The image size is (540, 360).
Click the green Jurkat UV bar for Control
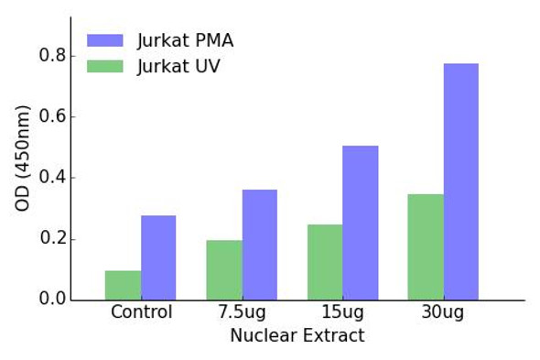click(x=123, y=285)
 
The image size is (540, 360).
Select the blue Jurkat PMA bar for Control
click(x=158, y=257)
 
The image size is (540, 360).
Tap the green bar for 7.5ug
click(x=224, y=270)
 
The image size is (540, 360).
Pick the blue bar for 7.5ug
click(x=260, y=245)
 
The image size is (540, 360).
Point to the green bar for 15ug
click(x=325, y=262)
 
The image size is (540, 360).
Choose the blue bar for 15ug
click(x=361, y=223)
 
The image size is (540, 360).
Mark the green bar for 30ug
click(x=426, y=246)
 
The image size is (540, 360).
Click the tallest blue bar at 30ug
click(x=461, y=181)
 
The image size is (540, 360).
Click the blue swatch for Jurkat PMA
click(x=104, y=40)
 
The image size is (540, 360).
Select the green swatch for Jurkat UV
click(x=104, y=66)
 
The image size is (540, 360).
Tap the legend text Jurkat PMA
click(x=185, y=40)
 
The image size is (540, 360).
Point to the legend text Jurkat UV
click(x=178, y=66)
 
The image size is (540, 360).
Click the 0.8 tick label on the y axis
click(x=52, y=56)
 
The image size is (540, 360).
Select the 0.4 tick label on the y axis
click(x=52, y=178)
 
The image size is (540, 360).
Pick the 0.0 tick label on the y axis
click(x=52, y=300)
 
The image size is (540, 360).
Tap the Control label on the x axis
click(x=141, y=312)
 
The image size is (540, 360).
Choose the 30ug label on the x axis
click(x=443, y=312)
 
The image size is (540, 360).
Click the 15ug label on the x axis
click(x=342, y=312)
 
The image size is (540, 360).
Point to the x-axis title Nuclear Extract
click(x=297, y=335)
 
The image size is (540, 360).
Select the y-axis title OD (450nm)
click(x=23, y=158)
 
